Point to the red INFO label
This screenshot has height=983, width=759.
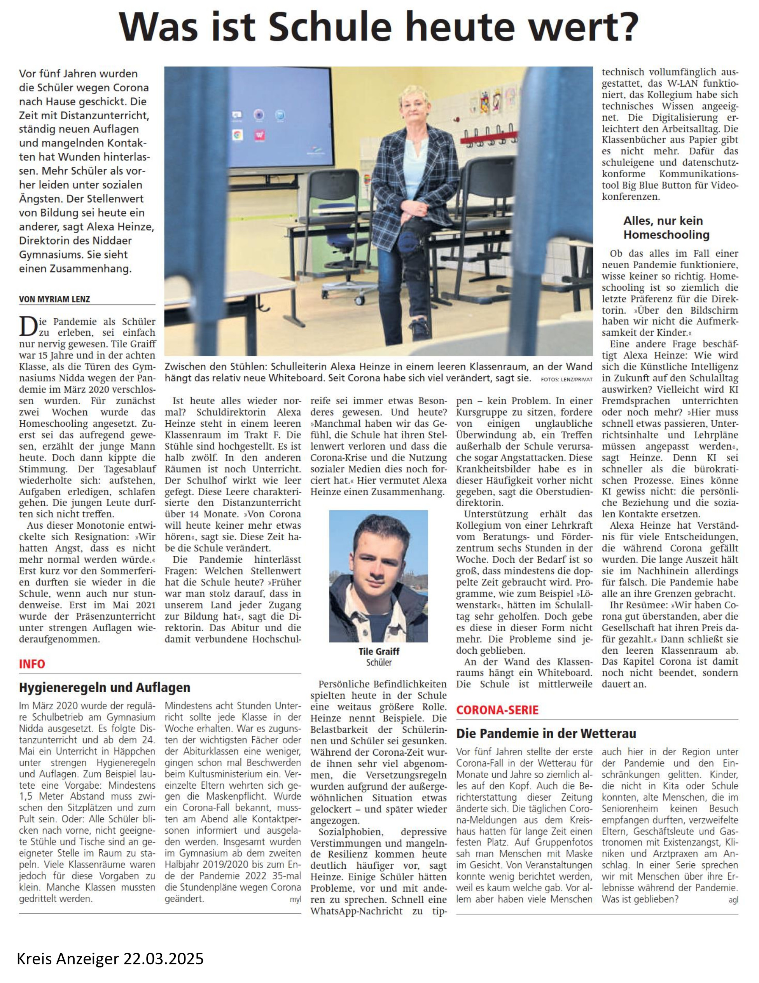[32, 664]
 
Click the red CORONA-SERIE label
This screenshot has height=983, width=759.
[497, 710]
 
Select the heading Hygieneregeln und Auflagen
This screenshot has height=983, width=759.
[105, 687]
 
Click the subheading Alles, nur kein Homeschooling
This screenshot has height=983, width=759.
[666, 227]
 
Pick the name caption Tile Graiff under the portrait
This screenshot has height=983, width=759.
[379, 651]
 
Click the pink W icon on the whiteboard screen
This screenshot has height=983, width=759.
[259, 134]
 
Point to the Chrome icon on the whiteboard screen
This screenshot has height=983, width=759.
[237, 134]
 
